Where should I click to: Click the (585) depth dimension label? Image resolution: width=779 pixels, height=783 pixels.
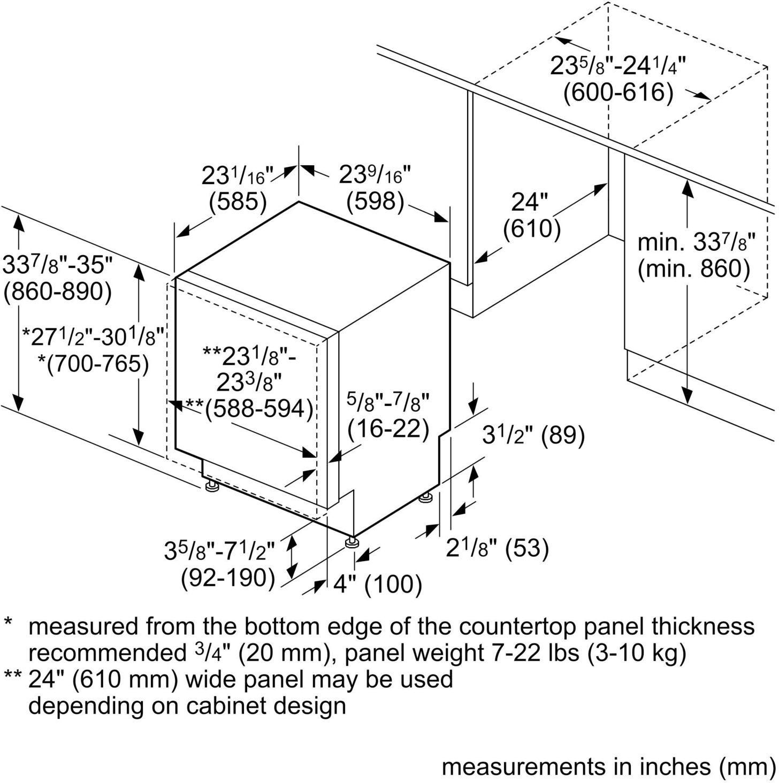[238, 202]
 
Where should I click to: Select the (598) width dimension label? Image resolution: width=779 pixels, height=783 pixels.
[375, 202]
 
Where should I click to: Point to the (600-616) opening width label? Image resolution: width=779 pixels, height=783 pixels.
[618, 93]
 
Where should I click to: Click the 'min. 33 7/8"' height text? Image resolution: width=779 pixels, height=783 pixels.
[696, 243]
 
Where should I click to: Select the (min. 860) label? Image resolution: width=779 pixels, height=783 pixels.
[693, 269]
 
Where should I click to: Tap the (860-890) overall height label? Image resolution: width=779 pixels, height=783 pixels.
[58, 292]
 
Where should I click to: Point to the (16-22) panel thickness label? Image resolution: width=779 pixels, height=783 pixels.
[388, 428]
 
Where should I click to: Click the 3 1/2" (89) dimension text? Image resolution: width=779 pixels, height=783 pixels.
[533, 436]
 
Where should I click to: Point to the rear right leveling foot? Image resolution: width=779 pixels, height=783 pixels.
[426, 498]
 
